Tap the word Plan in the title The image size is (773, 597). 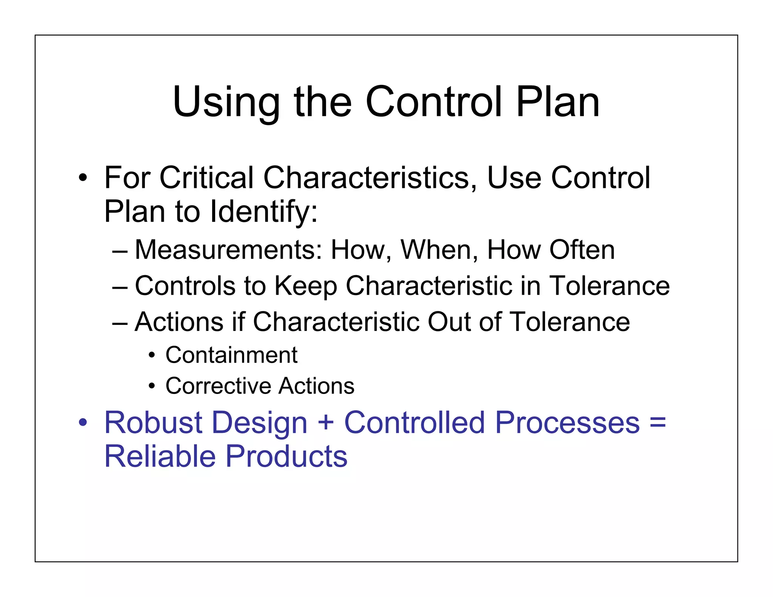click(557, 102)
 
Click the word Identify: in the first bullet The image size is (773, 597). click(264, 212)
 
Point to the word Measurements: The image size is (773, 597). click(228, 250)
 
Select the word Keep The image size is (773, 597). click(305, 286)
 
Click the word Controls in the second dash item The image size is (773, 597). click(185, 286)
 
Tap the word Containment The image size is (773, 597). click(231, 355)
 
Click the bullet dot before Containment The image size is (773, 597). click(152, 355)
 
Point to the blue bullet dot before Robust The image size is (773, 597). click(83, 423)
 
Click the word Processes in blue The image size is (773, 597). click(567, 423)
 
